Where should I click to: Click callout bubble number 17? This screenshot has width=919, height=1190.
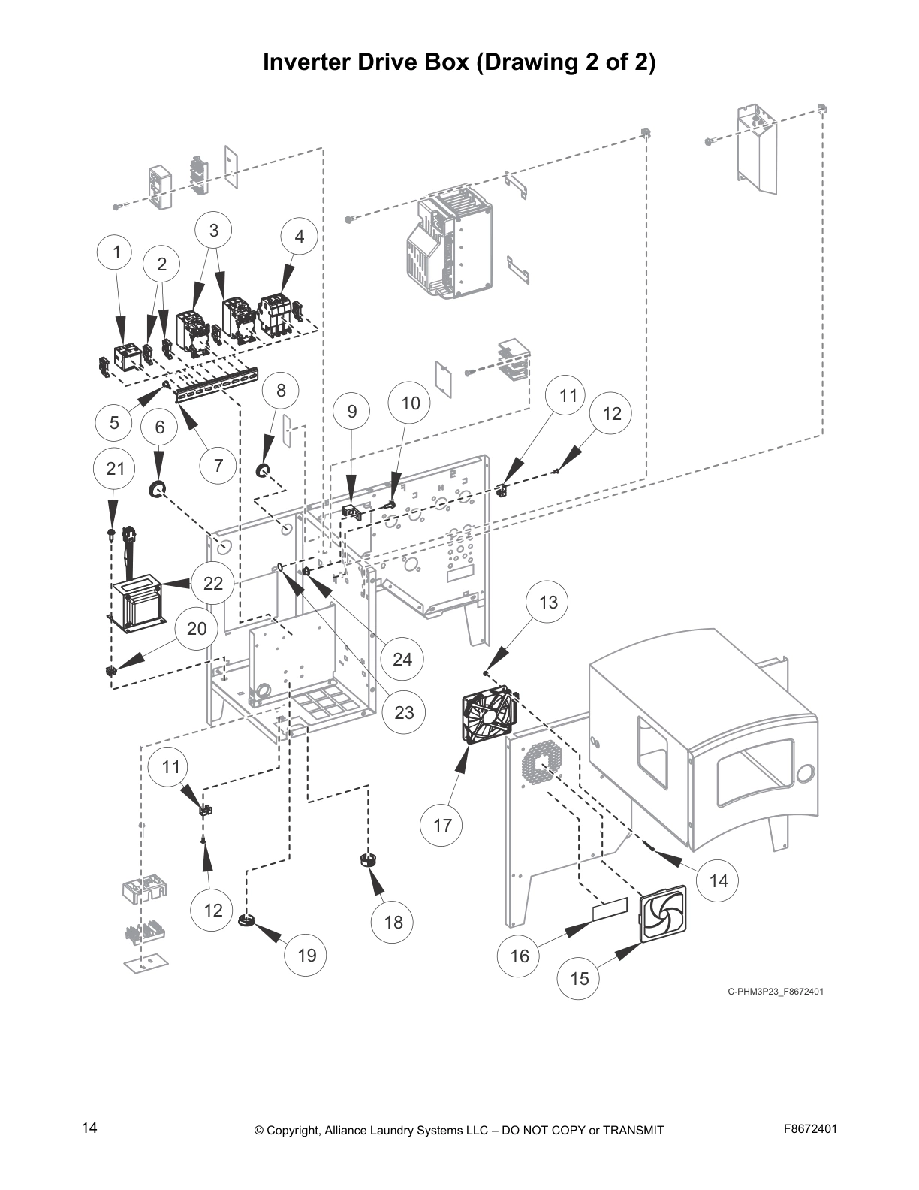442,825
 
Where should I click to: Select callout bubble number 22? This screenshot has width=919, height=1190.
213,583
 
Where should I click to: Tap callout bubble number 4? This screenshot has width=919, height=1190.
299,236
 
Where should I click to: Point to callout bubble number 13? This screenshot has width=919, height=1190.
548,602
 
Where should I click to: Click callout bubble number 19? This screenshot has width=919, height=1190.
306,955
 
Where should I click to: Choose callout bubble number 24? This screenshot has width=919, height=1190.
402,659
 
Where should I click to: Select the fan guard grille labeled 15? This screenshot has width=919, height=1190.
662,913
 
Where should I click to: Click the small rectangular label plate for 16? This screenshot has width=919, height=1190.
610,911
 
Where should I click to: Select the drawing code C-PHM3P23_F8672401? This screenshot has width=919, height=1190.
775,991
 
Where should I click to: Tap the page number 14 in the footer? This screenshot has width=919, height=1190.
89,1128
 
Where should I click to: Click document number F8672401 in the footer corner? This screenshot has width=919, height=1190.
810,1128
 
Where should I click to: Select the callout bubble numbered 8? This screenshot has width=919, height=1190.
281,390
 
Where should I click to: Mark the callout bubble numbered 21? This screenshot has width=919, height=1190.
115,468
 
